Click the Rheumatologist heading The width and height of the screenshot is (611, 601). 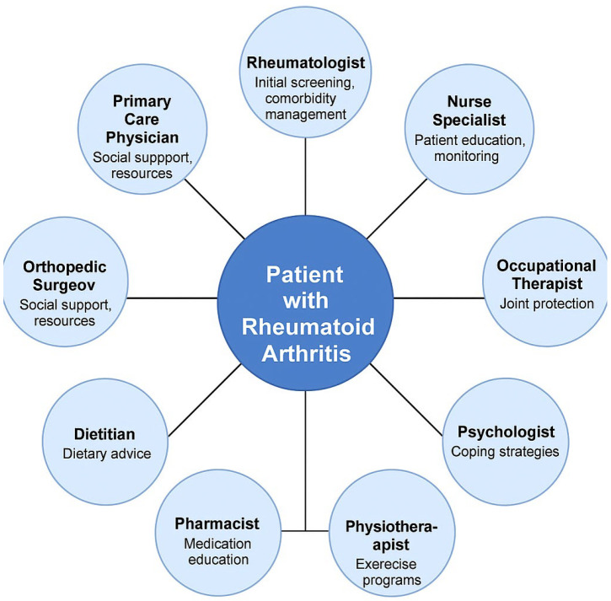306,62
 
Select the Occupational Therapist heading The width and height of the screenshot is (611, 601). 545,275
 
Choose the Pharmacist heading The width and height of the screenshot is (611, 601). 217,524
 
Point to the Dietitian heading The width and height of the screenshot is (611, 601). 107,434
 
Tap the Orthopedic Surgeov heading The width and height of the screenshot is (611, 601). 65,275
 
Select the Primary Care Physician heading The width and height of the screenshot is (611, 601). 141,119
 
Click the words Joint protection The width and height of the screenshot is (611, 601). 545,303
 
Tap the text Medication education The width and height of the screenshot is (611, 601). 217,551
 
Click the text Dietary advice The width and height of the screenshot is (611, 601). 107,453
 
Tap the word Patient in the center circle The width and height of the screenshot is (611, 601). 307,275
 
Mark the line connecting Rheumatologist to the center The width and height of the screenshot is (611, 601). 307,173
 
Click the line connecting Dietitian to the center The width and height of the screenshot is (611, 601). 205,400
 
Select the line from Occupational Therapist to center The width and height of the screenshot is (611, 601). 438,298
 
